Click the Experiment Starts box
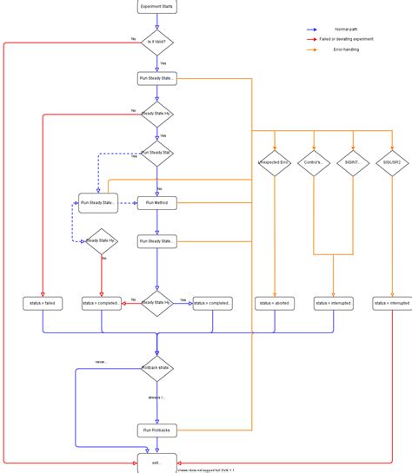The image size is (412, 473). pos(156,6)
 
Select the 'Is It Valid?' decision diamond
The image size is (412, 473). pos(156,42)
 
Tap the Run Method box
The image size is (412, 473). pos(156,203)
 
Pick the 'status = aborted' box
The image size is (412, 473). pos(274,303)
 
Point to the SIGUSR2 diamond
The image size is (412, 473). pos(391,162)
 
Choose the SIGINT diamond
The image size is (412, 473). pos(353,162)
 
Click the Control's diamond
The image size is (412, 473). pos(314,162)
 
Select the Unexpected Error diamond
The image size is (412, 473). pos(274,162)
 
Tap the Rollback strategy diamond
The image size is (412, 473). pos(156,368)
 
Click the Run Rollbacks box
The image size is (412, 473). pos(156,430)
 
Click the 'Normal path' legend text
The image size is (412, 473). pos(346,30)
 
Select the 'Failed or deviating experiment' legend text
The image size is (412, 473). pos(346,39)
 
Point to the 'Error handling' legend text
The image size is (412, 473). pos(346,49)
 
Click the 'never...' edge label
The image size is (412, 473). pos(102,362)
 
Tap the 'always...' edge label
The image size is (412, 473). pos(156,397)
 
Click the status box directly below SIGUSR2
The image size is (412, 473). pos(391,303)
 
